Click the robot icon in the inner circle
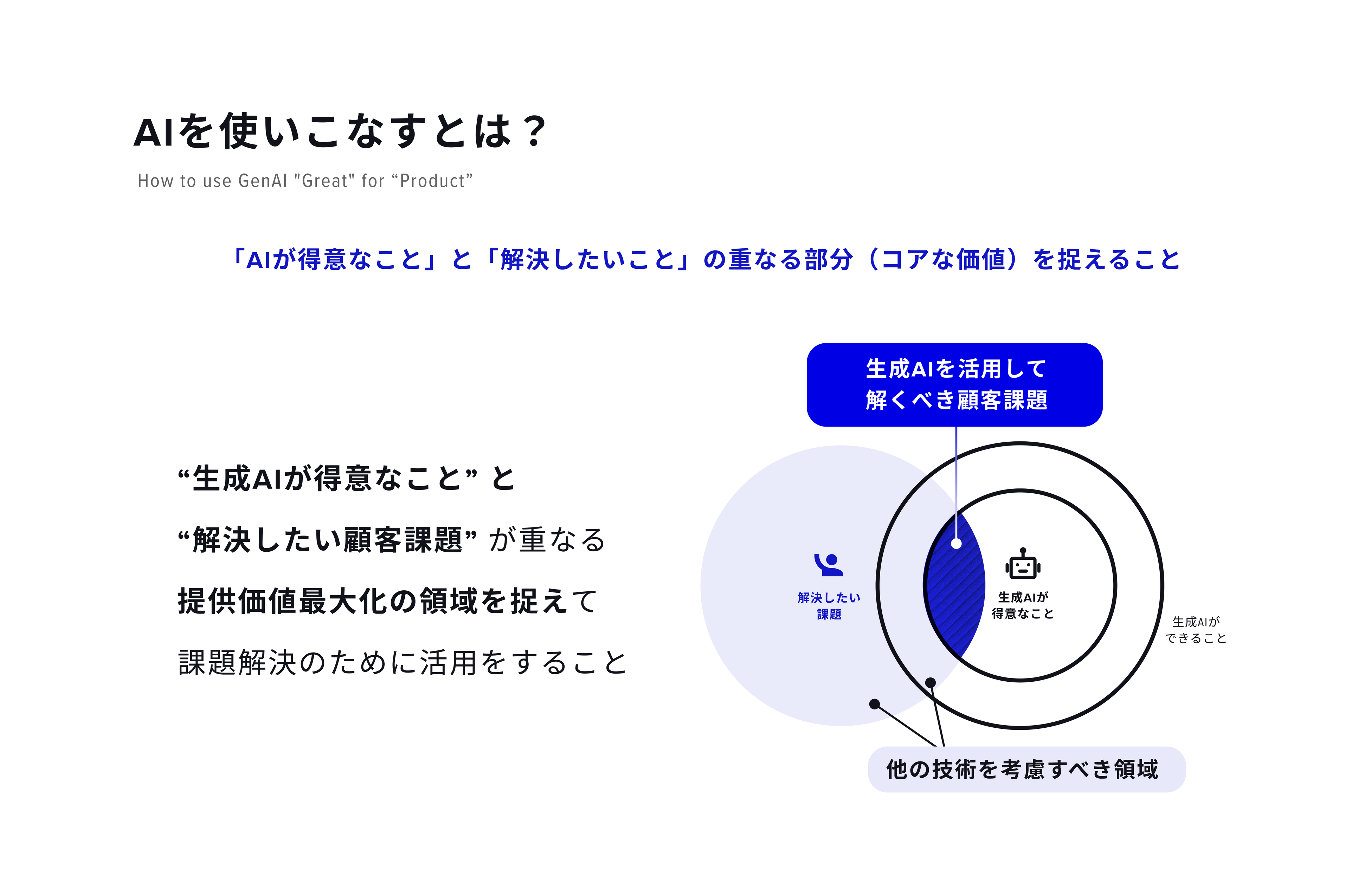pos(1023,565)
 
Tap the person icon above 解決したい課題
pos(828,565)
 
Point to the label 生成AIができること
pos(1196,630)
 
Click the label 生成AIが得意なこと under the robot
pos(1023,605)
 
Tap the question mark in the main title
pos(535,132)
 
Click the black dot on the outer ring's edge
pos(931,682)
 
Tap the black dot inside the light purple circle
pos(874,703)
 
